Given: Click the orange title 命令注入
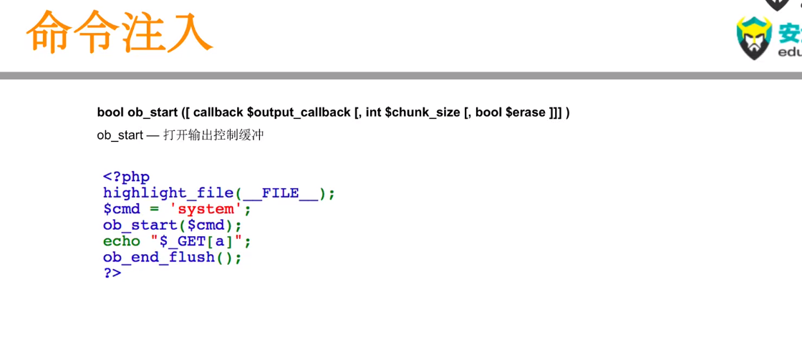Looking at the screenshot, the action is pos(119,32).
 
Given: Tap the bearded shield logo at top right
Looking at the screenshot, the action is pos(753,38).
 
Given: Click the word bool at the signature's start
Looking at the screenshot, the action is pos(110,112).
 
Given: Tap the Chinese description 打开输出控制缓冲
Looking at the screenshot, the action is pos(213,135).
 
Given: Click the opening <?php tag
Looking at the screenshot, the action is pos(126,177).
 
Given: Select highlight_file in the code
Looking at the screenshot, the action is pos(168,193).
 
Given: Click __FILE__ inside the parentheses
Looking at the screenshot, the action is pos(280,193).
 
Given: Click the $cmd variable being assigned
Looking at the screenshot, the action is pos(122,209).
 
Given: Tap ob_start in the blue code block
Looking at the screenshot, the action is pos(140,225).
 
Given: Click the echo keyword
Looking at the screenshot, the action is pos(122,241).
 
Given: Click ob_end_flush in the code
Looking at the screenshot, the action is pos(159,258).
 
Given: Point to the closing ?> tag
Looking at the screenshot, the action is pos(112,273).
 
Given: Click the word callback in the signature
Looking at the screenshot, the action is pos(218,112).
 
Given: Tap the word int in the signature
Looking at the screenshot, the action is pos(372,112).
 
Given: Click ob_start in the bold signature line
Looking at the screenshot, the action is pos(153,112).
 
